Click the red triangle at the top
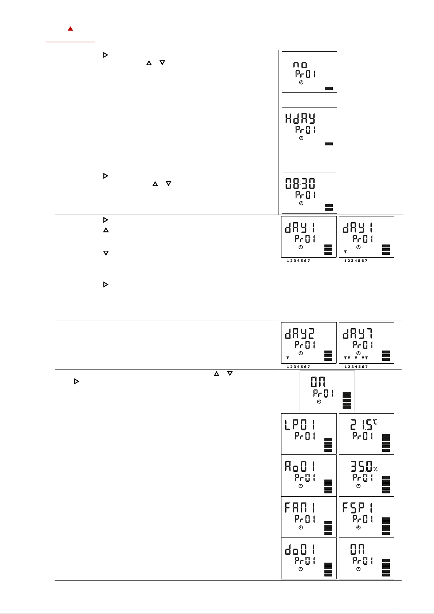pos(70,28)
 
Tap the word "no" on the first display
pos(300,65)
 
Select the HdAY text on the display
pos(300,119)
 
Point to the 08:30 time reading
pos(300,184)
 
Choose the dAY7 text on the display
pos(358,334)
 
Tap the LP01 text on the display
pos(300,425)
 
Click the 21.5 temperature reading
pos(361,425)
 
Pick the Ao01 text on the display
pos(300,466)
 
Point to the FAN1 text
pos(300,508)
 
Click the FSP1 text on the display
pos(358,508)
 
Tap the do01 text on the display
pos(300,550)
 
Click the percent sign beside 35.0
pos(375,469)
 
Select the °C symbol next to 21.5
pos(374,422)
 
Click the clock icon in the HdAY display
pos(301,138)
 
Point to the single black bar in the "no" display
pos(328,88)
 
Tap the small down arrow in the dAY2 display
pos(288,358)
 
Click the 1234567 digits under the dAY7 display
pos(356,367)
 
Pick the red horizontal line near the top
pos(70,42)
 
